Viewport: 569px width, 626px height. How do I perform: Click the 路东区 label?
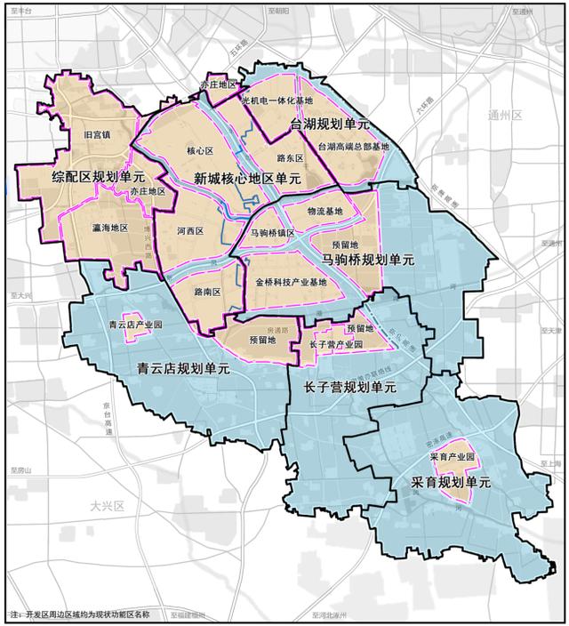pyautogui.click(x=291, y=157)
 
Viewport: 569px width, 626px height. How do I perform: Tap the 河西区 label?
pyautogui.click(x=189, y=230)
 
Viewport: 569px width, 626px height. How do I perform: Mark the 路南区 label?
pyautogui.click(x=206, y=291)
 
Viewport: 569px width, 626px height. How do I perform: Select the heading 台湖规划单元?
pyautogui.click(x=330, y=125)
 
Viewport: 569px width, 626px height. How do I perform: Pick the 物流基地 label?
pyautogui.click(x=324, y=212)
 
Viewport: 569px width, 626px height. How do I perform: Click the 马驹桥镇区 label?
pyautogui.click(x=272, y=233)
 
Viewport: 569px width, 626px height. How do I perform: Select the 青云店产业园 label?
pyautogui.click(x=129, y=325)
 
